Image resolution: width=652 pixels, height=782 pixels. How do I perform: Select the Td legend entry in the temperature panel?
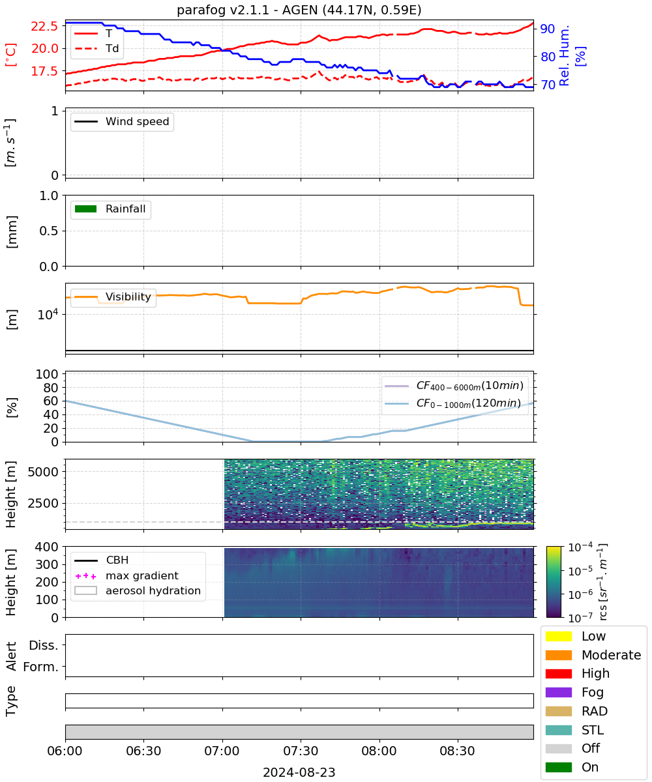click(x=96, y=48)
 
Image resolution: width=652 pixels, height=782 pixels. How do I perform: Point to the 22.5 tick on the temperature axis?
click(x=44, y=26)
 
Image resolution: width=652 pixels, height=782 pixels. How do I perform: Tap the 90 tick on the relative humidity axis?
click(x=548, y=29)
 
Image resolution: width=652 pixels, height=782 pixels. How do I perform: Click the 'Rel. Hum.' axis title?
click(x=564, y=56)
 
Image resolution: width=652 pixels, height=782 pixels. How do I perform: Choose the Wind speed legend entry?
click(x=122, y=121)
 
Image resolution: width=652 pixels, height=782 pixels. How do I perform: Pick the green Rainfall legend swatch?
click(x=86, y=209)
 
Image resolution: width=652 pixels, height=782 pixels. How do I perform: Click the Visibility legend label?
click(x=128, y=297)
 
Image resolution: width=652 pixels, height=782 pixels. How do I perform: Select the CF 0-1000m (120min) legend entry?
click(x=452, y=403)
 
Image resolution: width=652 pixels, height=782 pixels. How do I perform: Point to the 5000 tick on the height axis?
click(x=43, y=472)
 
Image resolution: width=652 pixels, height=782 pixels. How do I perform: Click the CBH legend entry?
click(x=102, y=560)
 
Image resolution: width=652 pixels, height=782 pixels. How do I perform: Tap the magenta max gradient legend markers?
click(x=86, y=576)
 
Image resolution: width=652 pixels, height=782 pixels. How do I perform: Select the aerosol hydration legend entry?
click(x=138, y=590)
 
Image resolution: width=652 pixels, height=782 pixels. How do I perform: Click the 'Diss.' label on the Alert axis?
click(x=44, y=645)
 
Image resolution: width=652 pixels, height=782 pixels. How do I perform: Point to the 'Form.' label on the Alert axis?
click(x=41, y=667)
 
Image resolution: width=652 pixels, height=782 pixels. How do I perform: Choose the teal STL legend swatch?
click(x=558, y=730)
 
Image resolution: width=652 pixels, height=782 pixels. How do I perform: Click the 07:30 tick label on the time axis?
click(x=301, y=751)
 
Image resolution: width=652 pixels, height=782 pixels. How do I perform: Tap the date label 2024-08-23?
click(x=299, y=772)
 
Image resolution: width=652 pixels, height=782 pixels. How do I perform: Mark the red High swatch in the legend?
click(x=558, y=674)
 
